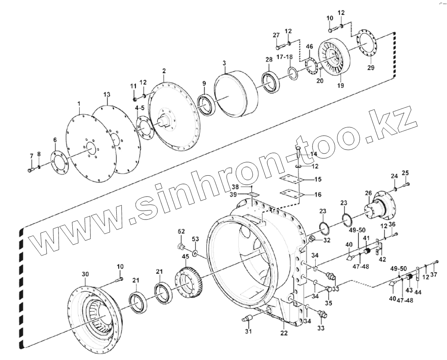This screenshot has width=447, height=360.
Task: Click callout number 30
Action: (85, 274)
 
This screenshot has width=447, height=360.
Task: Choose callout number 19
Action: (340, 85)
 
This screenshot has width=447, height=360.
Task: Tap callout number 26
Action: (368, 194)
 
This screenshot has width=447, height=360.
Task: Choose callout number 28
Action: (269, 59)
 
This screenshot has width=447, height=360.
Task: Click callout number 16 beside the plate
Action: (318, 194)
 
